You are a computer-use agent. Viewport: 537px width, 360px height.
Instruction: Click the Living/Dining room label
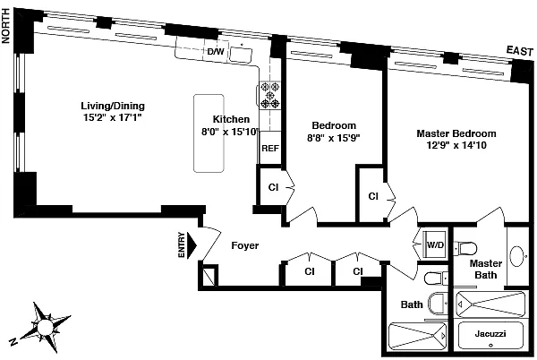[113, 106]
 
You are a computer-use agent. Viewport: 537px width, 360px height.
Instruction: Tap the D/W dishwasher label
[216, 52]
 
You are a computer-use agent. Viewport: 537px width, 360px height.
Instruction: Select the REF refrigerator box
[270, 148]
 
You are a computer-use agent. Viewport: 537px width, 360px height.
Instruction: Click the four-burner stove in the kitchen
[270, 95]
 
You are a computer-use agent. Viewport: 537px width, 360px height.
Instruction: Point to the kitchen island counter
[209, 133]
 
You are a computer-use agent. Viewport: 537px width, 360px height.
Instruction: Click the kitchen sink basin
[241, 55]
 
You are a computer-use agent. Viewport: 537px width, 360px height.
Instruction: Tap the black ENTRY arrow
[192, 245]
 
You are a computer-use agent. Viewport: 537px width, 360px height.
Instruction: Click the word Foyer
[245, 245]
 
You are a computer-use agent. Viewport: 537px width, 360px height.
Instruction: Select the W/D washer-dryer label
[435, 244]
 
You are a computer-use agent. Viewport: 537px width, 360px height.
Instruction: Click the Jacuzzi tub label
[490, 333]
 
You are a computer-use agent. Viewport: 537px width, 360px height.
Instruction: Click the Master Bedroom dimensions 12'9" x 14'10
[456, 145]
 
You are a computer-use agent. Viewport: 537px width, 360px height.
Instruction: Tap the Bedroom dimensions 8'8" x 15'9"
[334, 138]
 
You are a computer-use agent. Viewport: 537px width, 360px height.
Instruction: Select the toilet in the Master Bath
[465, 248]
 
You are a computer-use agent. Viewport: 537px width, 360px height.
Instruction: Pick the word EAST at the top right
[520, 51]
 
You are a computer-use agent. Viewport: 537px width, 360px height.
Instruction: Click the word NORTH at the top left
[6, 26]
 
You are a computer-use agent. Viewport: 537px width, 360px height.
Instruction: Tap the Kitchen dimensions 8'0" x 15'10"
[230, 132]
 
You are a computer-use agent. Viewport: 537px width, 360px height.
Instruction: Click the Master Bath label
[486, 269]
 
